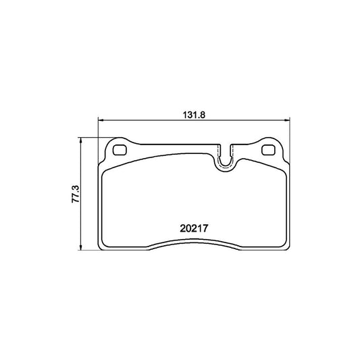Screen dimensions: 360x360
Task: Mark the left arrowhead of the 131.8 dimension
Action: [x=102, y=121]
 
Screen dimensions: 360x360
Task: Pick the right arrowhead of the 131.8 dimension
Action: [x=287, y=121]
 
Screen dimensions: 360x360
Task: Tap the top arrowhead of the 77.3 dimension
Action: [x=81, y=139]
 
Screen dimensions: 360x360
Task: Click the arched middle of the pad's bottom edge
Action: [x=195, y=242]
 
